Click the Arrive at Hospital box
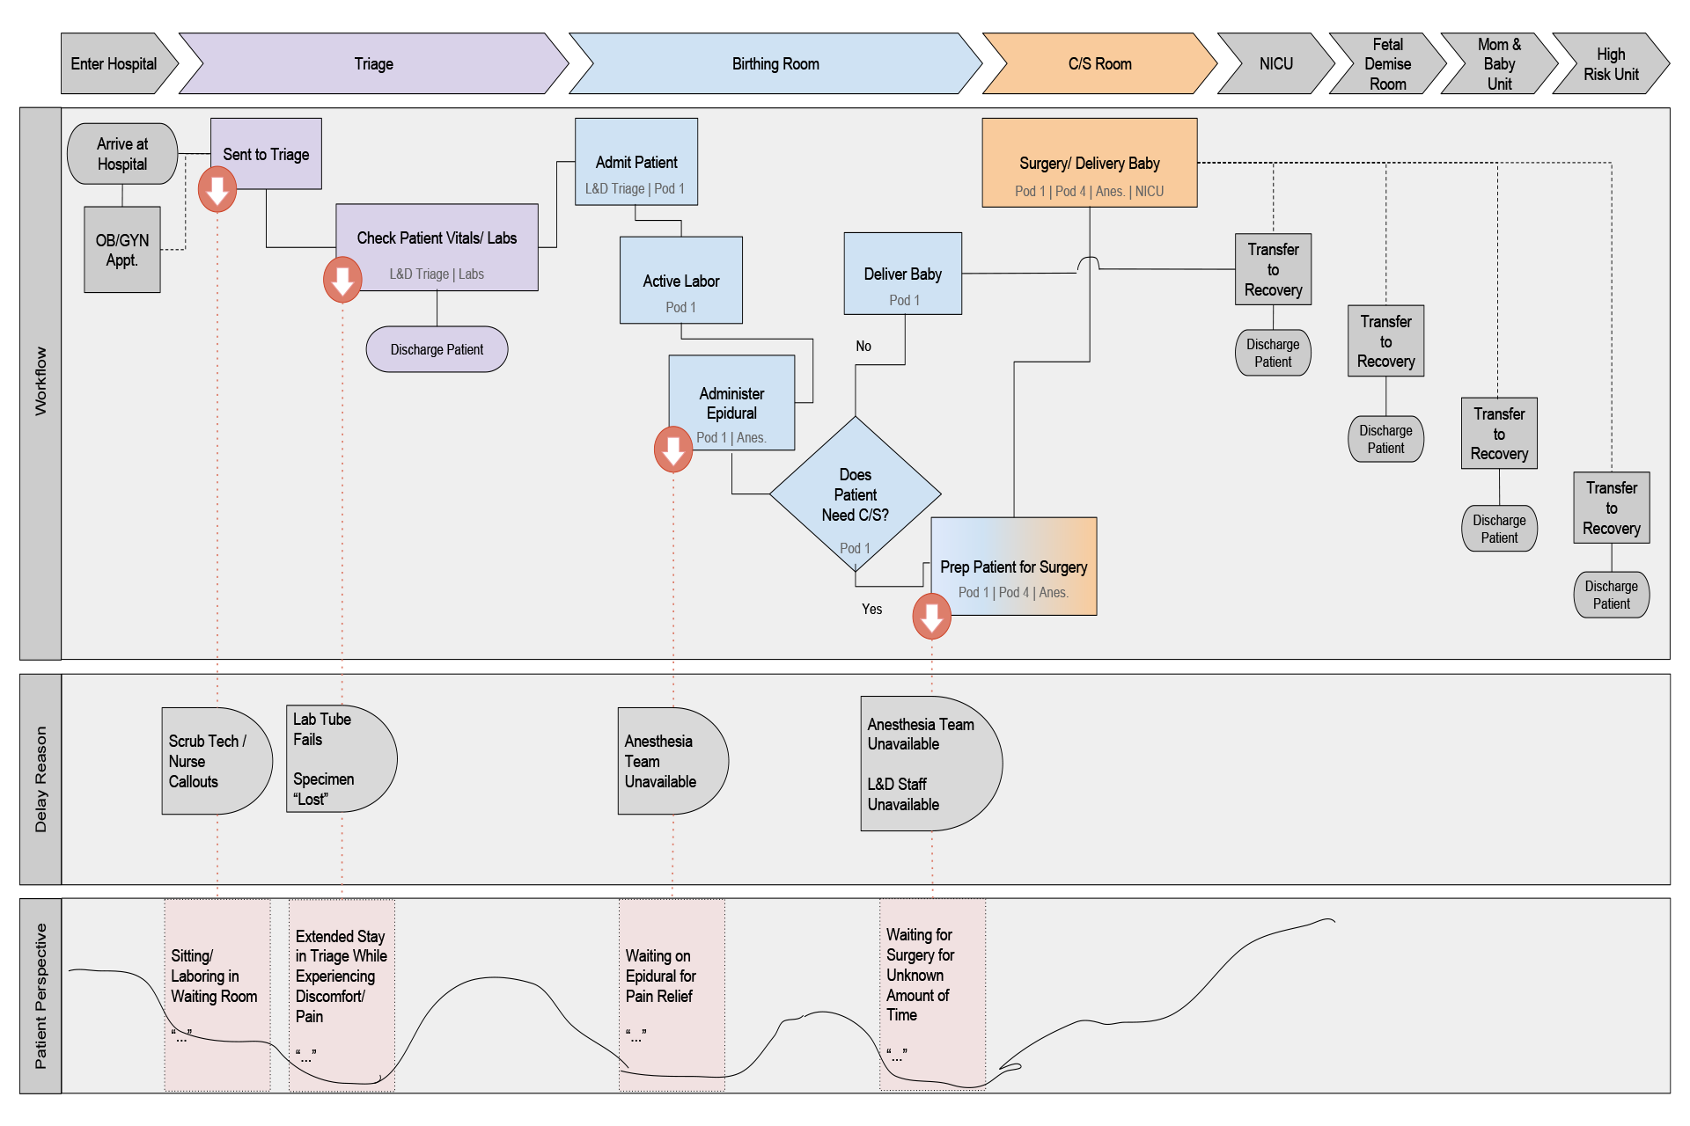tap(122, 154)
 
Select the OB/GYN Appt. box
tap(122, 250)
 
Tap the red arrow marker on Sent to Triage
tap(217, 189)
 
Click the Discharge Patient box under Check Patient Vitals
tap(437, 349)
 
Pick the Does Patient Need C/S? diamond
tap(855, 495)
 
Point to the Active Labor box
tap(680, 281)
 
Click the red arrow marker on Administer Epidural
tap(673, 450)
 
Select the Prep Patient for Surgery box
tap(1013, 567)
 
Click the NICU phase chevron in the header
tap(1275, 63)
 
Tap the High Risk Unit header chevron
tap(1610, 63)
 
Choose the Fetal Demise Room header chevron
tap(1387, 63)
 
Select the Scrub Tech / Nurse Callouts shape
tap(215, 761)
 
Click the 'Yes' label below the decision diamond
tap(871, 609)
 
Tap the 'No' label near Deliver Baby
tap(863, 347)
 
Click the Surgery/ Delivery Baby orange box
tap(1089, 164)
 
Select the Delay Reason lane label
tap(40, 779)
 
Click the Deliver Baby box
tap(902, 274)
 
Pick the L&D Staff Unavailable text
tap(903, 794)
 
